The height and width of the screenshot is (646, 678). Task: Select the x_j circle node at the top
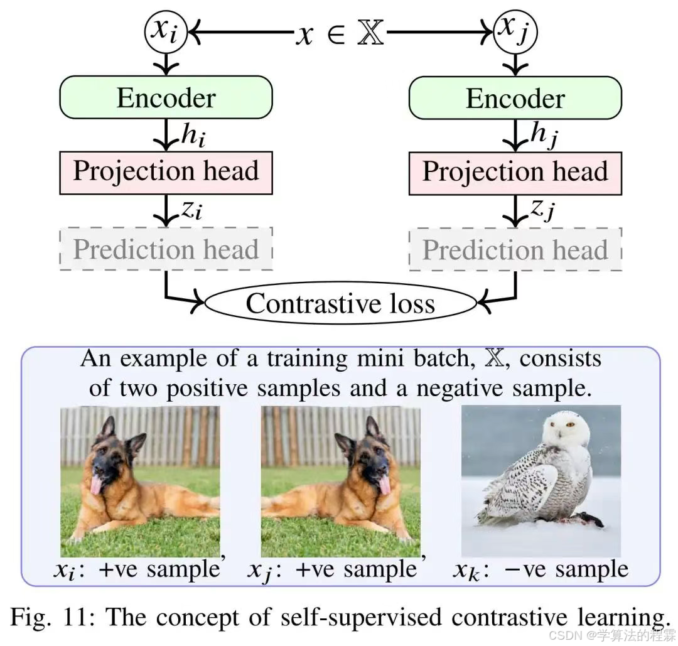coord(515,32)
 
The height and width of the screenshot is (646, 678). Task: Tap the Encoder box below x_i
coord(166,98)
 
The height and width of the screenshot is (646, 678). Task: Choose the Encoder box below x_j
coord(515,99)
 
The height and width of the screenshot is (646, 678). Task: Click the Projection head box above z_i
coord(166,171)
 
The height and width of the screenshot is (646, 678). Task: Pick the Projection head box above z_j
coord(515,172)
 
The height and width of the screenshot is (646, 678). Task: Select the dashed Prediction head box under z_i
coord(166,249)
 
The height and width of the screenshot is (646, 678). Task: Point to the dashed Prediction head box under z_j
coord(515,250)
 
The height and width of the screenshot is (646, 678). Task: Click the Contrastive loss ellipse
coord(340,304)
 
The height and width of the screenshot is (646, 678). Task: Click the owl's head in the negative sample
coord(566,430)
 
